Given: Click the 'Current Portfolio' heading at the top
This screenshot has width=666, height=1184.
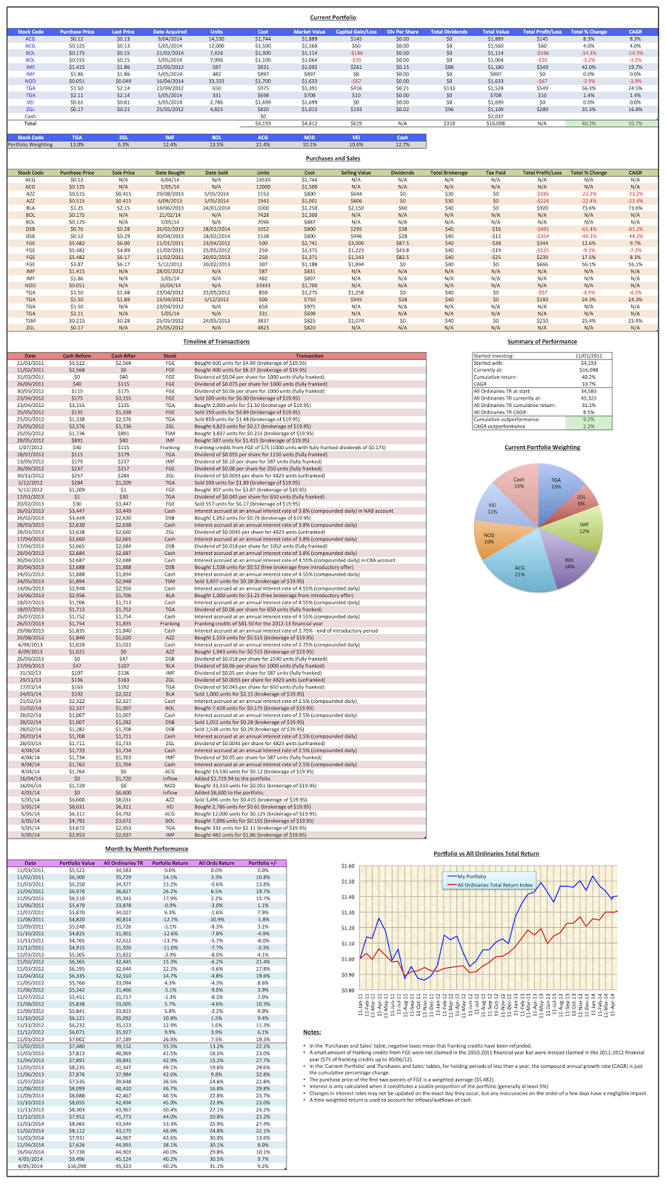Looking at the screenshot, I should coord(333,17).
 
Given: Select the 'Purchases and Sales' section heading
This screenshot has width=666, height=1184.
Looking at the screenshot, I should coord(333,158).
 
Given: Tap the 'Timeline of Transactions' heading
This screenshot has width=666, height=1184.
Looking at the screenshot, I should coord(216,342).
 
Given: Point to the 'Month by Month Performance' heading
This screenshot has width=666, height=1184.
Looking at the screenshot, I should coord(147,849).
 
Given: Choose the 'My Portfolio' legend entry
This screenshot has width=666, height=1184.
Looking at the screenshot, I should coord(472,876).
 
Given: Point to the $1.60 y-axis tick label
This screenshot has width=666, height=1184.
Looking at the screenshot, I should coord(348,865).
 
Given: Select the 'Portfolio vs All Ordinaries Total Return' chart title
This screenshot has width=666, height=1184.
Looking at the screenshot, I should coord(486,854).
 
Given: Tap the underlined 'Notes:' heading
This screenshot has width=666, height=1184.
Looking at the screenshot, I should coord(312,1032).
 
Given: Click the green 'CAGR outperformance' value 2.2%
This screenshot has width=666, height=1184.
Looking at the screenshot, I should coord(589,426).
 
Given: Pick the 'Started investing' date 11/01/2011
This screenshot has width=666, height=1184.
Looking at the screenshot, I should coord(589,356).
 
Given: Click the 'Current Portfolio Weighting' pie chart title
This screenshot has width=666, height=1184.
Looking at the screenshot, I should coord(542,448).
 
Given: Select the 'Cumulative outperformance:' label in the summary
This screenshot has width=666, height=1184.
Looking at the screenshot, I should coord(503,419).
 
